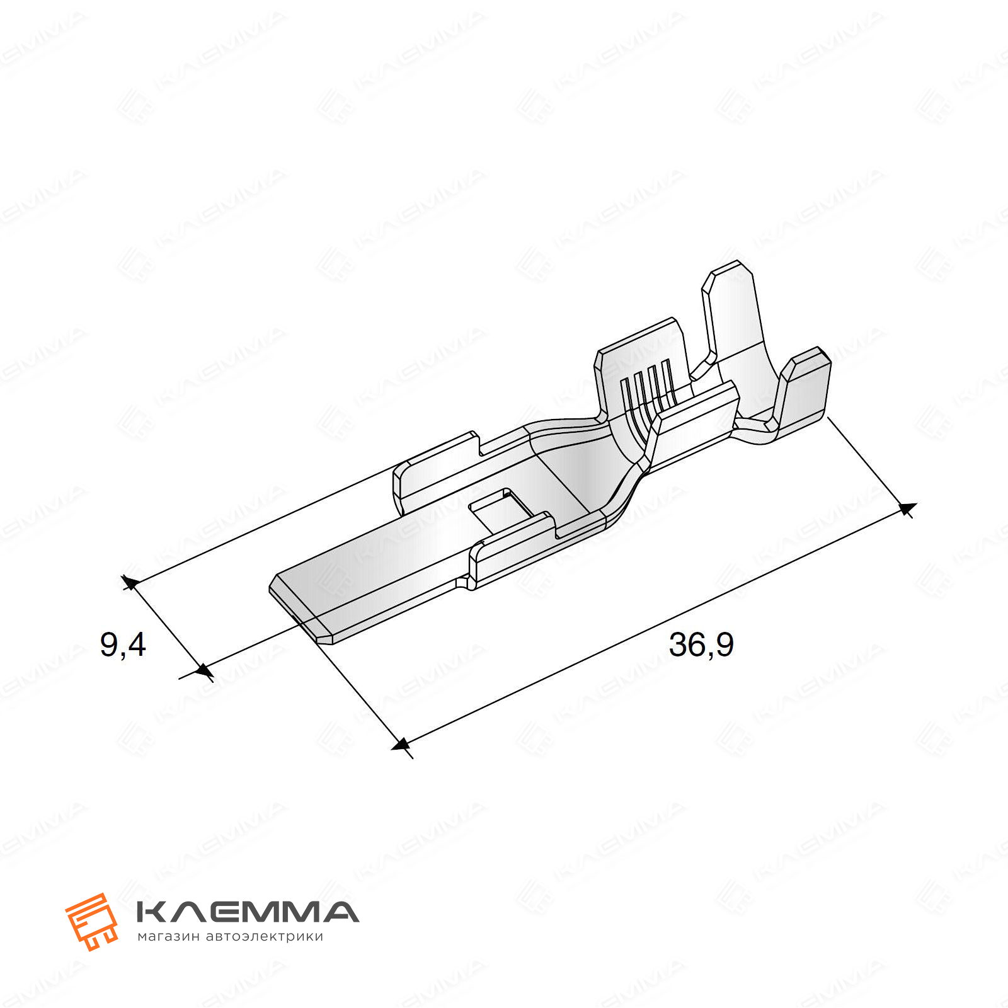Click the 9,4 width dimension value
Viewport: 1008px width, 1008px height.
123,646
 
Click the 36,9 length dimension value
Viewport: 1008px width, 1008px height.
701,645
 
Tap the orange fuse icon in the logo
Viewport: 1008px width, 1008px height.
92,920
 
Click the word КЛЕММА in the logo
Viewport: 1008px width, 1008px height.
248,912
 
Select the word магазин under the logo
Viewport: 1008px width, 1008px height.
168,937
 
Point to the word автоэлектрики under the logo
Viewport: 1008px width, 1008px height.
265,937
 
